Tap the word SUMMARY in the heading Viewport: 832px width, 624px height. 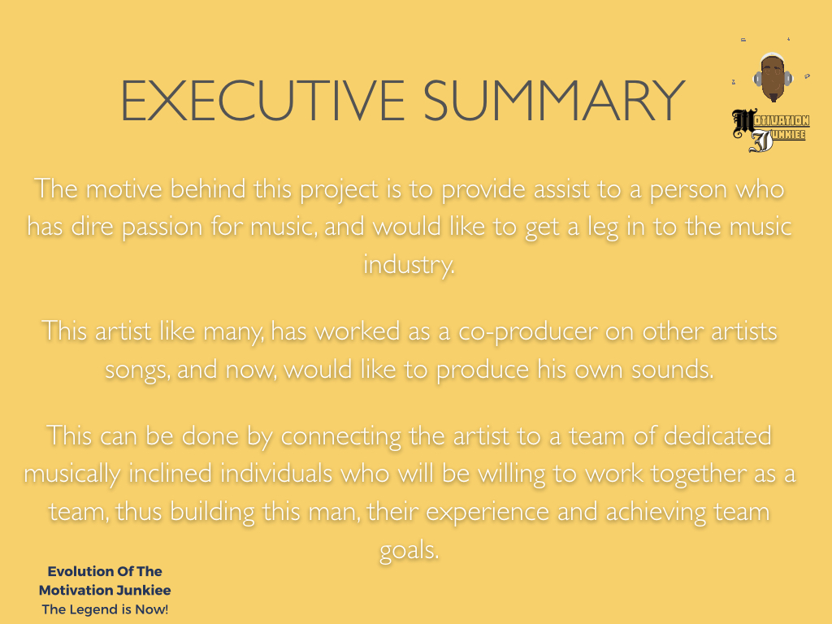pos(554,100)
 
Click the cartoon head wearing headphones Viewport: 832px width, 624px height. pos(773,77)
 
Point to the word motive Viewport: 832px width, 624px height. pos(123,188)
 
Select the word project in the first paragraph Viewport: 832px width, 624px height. pos(339,190)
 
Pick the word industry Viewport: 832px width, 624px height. pos(409,265)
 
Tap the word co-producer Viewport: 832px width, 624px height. pos(528,332)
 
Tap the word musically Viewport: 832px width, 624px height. pos(72,474)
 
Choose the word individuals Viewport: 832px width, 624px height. pos(276,473)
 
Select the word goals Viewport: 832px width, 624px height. pos(409,551)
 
